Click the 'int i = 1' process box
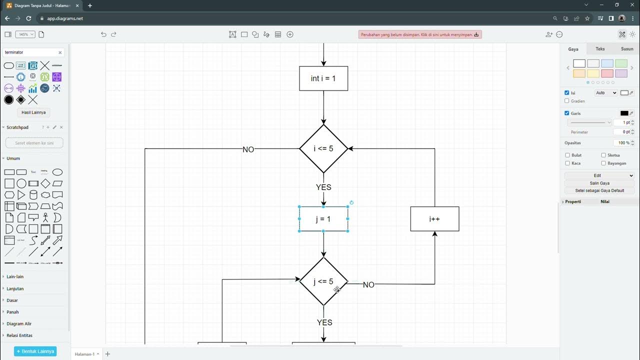[x=323, y=78]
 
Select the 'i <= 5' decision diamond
[x=323, y=148]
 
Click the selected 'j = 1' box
[x=323, y=219]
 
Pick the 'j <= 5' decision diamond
[x=323, y=281]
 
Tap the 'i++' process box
[x=434, y=219]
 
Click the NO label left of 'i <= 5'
[x=248, y=149]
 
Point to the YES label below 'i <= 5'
[x=323, y=187]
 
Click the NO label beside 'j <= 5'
[x=368, y=284]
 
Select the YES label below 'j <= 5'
[x=324, y=322]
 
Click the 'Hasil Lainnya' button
[x=33, y=112]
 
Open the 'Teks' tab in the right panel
[x=600, y=49]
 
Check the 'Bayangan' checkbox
[x=603, y=163]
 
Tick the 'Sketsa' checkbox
[x=603, y=155]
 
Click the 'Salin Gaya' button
[x=599, y=183]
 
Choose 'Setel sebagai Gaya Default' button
[x=599, y=190]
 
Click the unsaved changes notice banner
[x=419, y=34]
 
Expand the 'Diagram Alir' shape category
[x=19, y=324]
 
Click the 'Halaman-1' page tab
[x=85, y=354]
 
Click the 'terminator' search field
[x=30, y=52]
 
